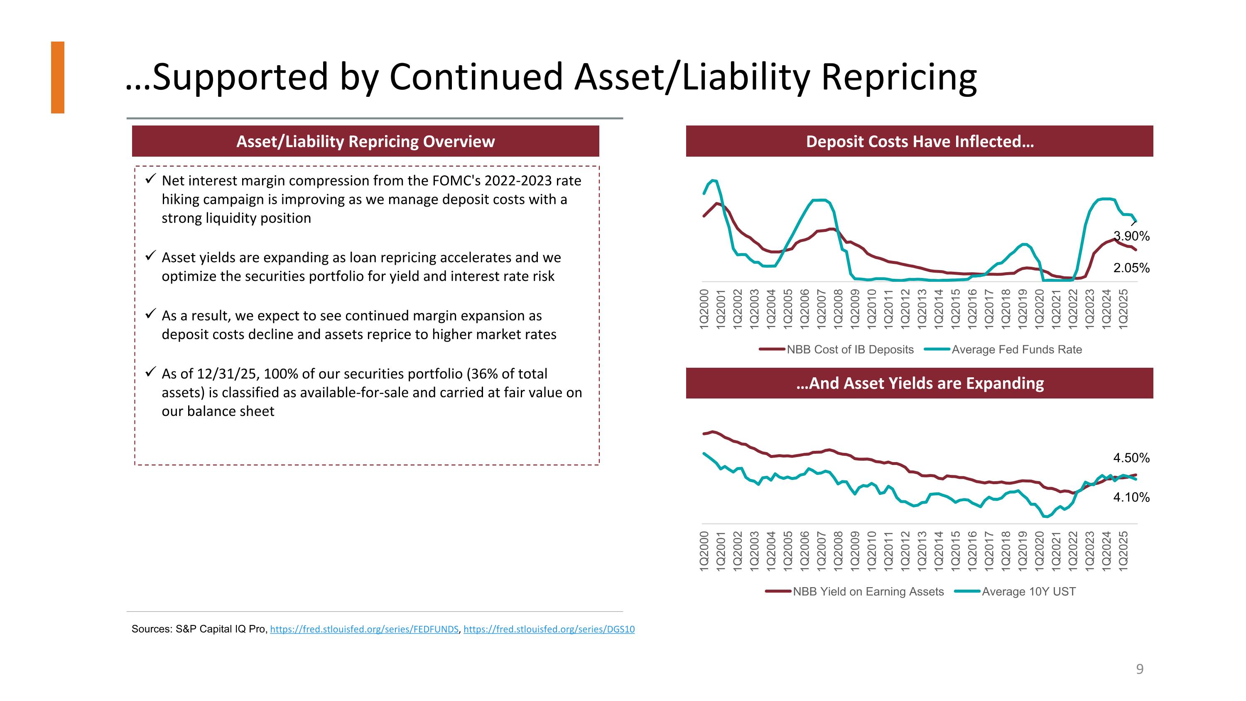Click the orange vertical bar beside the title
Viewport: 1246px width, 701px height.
tap(58, 77)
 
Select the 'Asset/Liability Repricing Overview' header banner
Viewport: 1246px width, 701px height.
tap(365, 141)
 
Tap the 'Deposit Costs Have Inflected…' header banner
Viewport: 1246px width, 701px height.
tap(919, 141)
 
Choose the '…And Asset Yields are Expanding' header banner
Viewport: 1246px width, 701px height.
tap(919, 383)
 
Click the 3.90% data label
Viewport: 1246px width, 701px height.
tap(1131, 236)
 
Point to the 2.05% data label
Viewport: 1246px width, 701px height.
tap(1131, 268)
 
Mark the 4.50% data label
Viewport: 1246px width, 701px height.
tap(1131, 457)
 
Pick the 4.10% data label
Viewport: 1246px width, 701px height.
tap(1131, 497)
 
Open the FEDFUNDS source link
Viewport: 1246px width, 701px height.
tap(364, 629)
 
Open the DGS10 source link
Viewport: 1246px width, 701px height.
tap(549, 629)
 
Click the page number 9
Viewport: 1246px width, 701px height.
tap(1140, 669)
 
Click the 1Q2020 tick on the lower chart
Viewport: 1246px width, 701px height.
tap(1040, 551)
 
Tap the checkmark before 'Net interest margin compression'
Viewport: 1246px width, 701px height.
tap(150, 179)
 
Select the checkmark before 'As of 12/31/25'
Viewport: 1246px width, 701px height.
tap(150, 372)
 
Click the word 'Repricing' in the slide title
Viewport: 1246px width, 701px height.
tap(899, 77)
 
